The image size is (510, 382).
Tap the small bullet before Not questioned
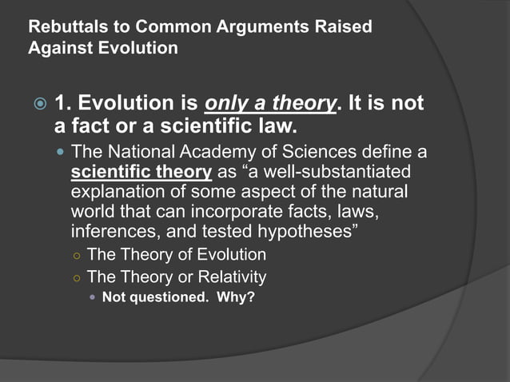(x=92, y=299)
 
